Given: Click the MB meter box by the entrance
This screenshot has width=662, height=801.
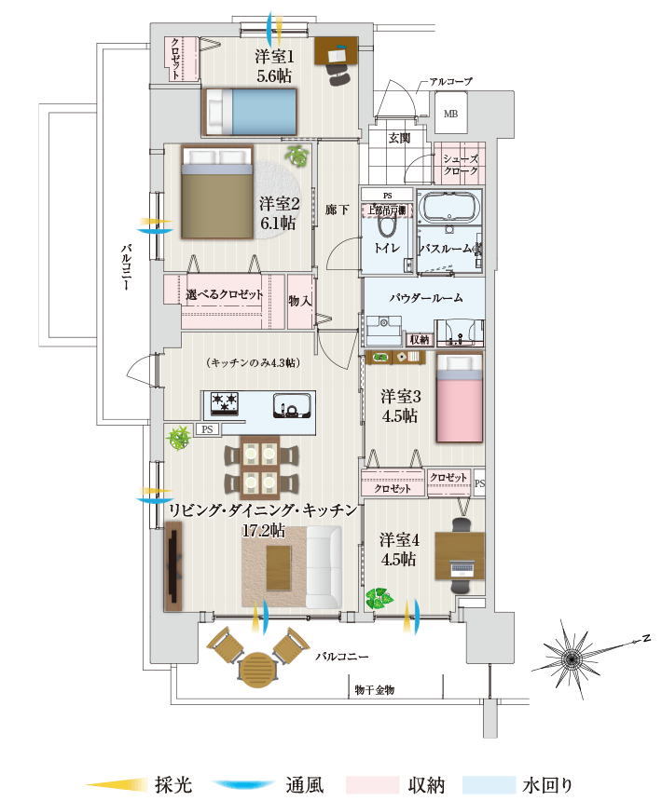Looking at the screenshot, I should click(450, 115).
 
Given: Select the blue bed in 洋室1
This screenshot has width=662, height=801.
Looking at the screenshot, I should click(250, 111).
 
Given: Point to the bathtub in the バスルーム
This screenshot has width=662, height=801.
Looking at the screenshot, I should click(448, 208).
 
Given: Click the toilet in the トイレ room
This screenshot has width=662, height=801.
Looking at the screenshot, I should click(388, 224).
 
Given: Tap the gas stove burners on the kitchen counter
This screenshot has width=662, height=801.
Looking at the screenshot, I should click(225, 403).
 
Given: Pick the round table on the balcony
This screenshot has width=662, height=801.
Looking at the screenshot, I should click(256, 667).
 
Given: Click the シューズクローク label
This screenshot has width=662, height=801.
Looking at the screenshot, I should click(462, 165).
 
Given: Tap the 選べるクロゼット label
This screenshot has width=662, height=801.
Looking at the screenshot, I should click(225, 295).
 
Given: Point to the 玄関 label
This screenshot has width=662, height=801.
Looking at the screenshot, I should click(399, 138).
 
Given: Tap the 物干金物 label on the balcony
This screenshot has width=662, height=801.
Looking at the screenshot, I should click(375, 689).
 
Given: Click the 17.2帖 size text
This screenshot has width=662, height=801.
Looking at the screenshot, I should click(262, 530).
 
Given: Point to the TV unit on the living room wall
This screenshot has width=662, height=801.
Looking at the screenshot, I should click(173, 566).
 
